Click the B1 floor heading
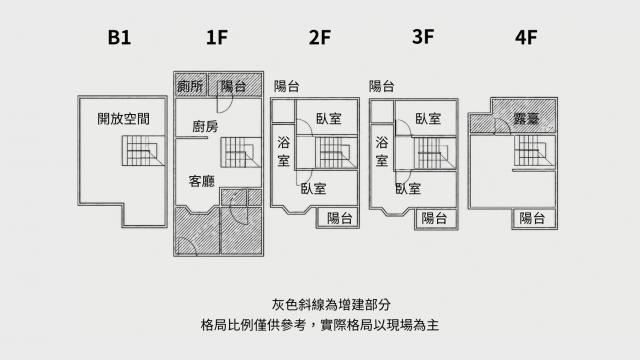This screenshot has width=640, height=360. click(119, 37)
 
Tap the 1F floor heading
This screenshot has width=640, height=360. click(217, 37)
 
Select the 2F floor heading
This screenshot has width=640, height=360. click(320, 37)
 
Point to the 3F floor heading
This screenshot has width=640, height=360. click(423, 36)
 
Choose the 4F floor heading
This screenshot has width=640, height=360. click(526, 37)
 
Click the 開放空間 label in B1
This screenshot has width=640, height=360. click(123, 119)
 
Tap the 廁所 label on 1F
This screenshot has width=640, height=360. click(190, 86)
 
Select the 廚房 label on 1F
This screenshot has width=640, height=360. click(205, 127)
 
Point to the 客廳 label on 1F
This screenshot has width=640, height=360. click(202, 181)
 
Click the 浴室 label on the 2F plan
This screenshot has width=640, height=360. click(283, 151)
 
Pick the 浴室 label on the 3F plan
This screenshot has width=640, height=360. click(382, 151)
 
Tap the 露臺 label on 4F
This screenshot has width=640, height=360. click(527, 119)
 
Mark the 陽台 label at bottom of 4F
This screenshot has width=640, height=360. click(532, 218)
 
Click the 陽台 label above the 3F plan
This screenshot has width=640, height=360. click(382, 86)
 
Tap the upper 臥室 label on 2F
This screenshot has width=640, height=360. click(329, 119)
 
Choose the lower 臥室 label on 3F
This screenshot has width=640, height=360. click(408, 189)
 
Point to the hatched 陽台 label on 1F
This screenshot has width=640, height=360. click(233, 86)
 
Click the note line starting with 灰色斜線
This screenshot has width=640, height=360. click(331, 304)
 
